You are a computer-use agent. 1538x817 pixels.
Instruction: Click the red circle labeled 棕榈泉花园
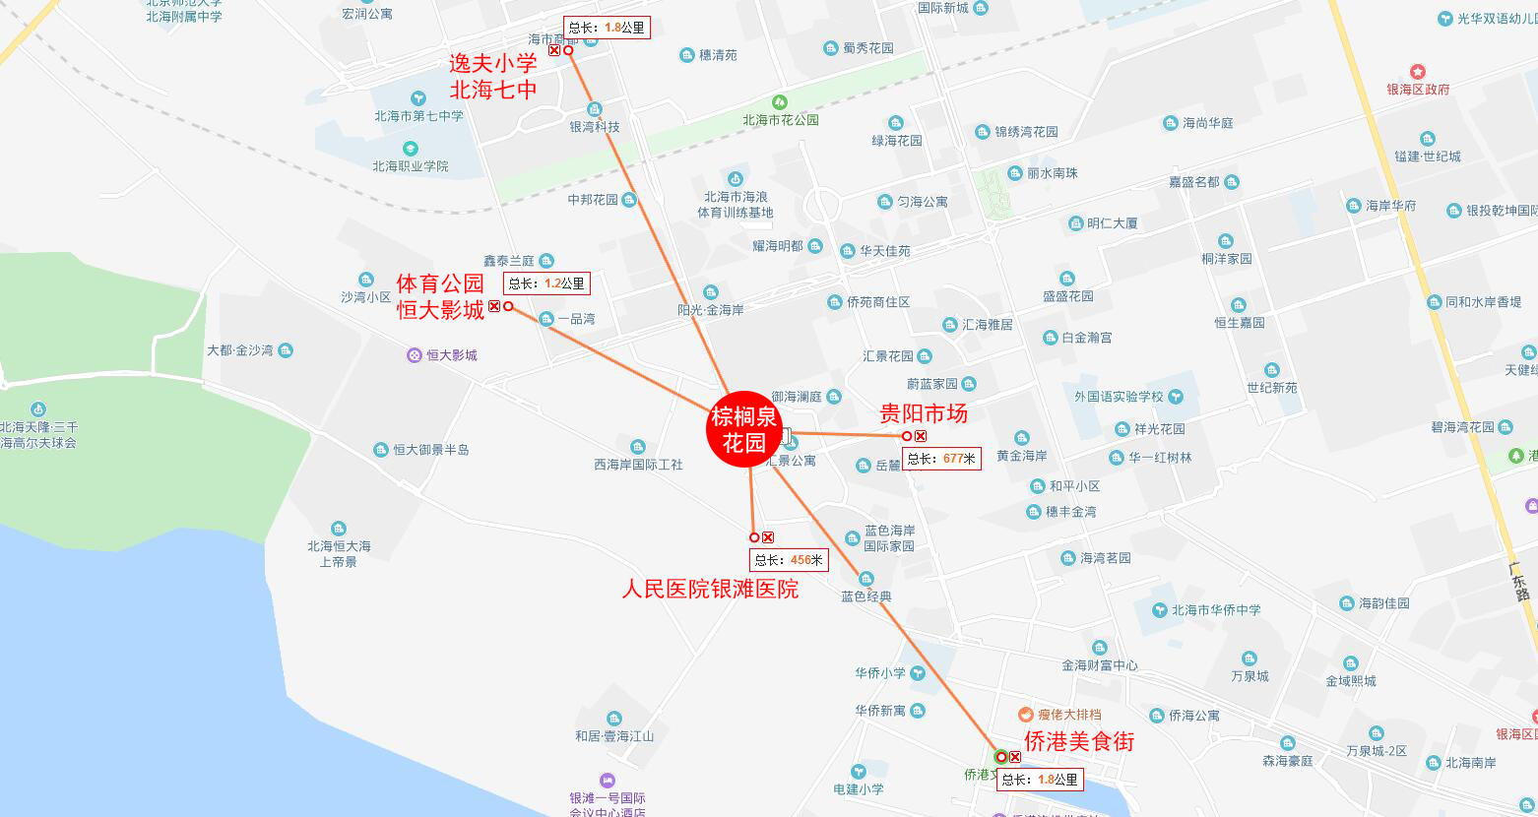[x=744, y=430]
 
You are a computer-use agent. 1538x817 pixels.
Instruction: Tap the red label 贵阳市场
[x=923, y=413]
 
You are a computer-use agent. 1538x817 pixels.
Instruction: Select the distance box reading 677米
[x=941, y=459]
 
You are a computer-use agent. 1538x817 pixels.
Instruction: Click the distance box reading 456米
[x=789, y=560]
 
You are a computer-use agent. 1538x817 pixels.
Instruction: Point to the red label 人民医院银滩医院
[x=710, y=590]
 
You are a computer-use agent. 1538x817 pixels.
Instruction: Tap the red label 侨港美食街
[x=1079, y=741]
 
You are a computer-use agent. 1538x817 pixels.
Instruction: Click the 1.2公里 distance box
[x=546, y=283]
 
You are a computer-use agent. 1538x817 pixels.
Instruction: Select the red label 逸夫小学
[x=493, y=64]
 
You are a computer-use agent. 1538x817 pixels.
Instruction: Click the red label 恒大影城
[x=440, y=310]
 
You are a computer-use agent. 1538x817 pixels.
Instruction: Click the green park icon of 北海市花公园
[x=780, y=102]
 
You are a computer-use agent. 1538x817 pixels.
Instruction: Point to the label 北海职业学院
[x=410, y=166]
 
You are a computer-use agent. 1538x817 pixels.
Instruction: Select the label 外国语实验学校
[x=1119, y=397]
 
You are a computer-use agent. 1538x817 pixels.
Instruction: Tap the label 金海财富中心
[x=1099, y=665]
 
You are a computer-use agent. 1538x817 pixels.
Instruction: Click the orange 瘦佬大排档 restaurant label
[x=1068, y=715]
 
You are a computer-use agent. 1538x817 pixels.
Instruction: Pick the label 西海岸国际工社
[x=638, y=465]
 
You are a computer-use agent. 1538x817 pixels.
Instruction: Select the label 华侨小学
[x=880, y=673]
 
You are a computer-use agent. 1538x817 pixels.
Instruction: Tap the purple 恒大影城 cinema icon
[x=415, y=355]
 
